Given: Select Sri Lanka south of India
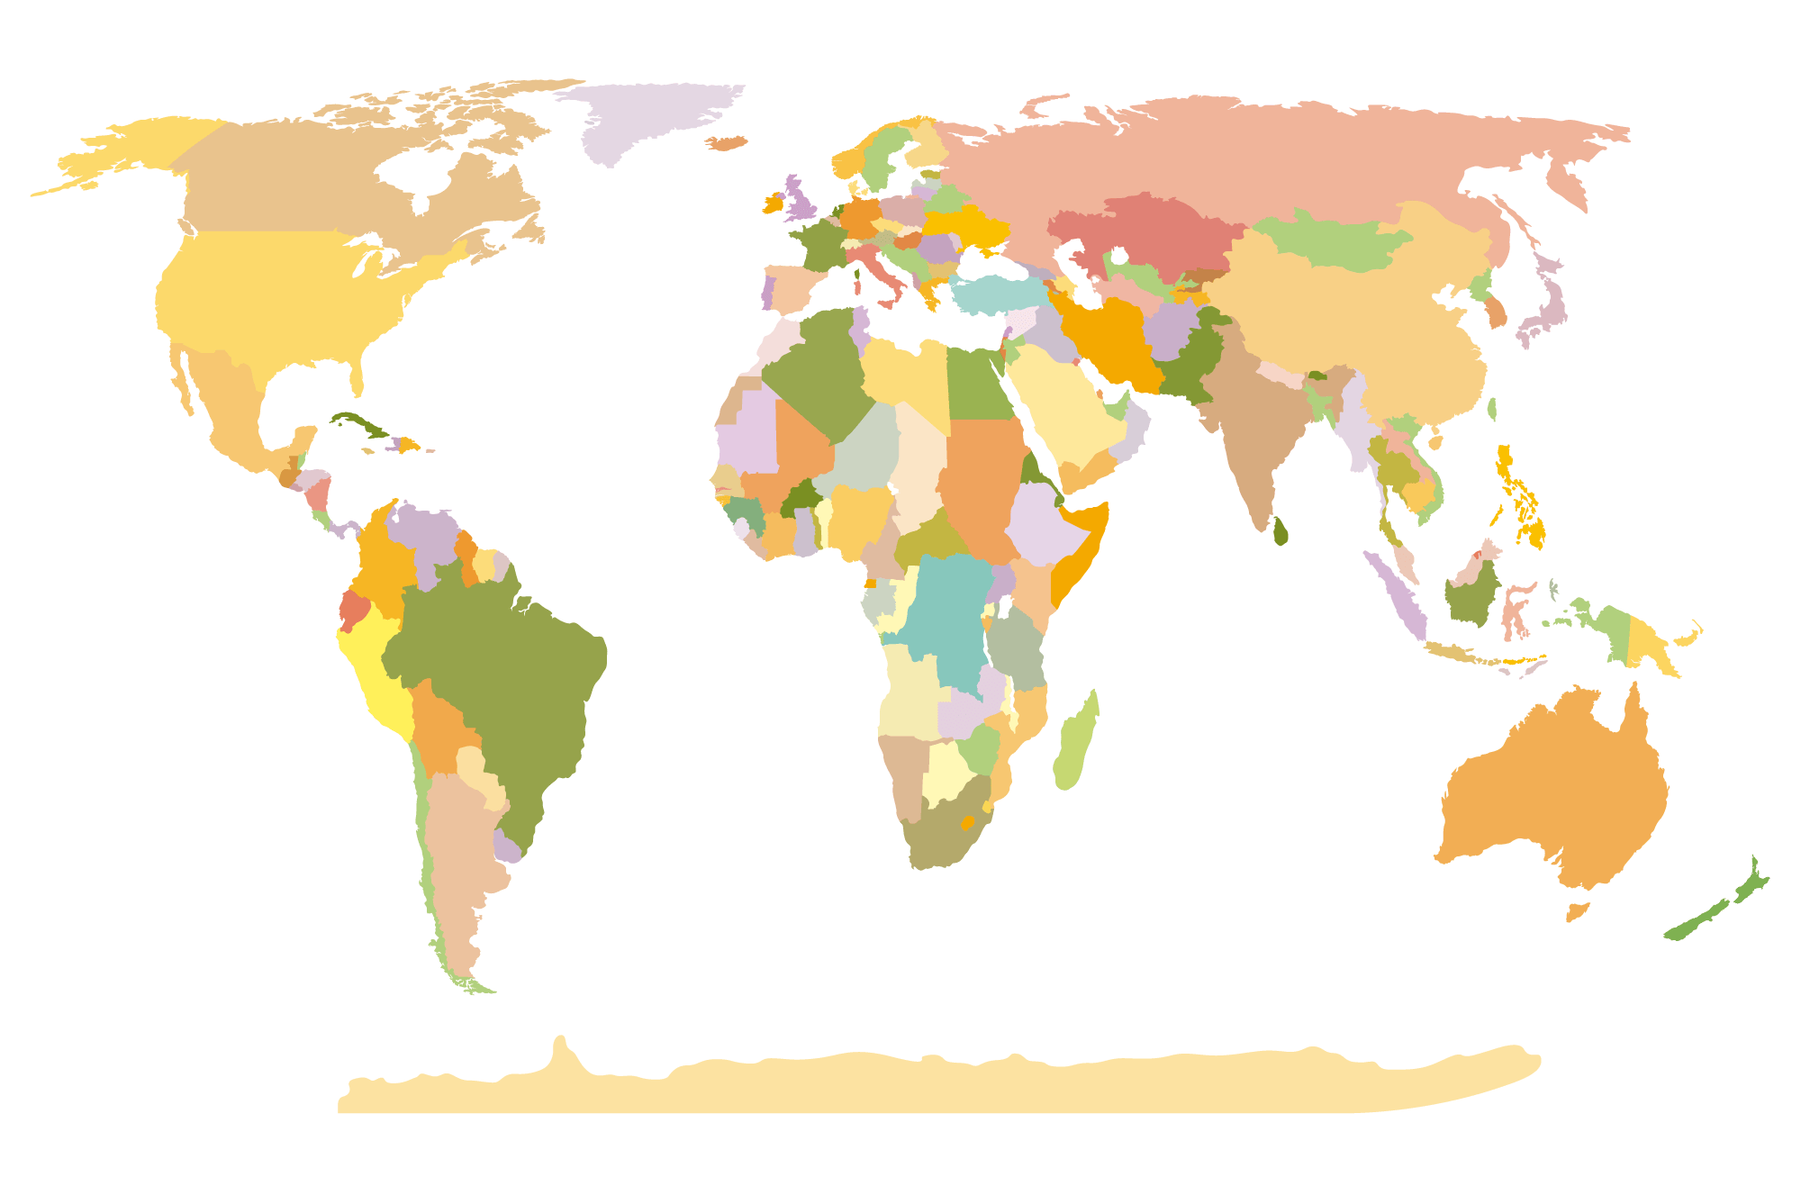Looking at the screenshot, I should (x=1281, y=531).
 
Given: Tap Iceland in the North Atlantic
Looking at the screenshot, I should (x=726, y=143).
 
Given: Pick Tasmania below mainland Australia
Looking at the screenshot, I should (x=1577, y=912).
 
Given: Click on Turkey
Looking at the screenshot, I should (x=991, y=294).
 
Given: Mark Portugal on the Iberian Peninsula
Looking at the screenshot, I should (x=768, y=292).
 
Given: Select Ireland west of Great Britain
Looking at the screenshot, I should (x=773, y=204).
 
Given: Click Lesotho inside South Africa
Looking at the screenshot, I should (x=968, y=822).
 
